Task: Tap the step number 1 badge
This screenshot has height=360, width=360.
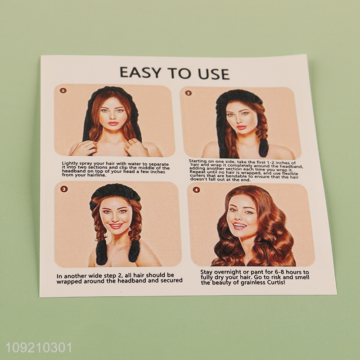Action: pyautogui.click(x=63, y=90)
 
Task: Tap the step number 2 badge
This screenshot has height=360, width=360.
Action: pyautogui.click(x=189, y=93)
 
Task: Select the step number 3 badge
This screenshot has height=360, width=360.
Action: pyautogui.click(x=63, y=189)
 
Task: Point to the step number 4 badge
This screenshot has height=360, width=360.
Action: pyautogui.click(x=196, y=190)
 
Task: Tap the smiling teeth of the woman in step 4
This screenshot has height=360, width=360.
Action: pyautogui.click(x=239, y=226)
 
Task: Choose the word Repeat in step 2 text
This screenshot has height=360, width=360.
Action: pyautogui.click(x=198, y=172)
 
